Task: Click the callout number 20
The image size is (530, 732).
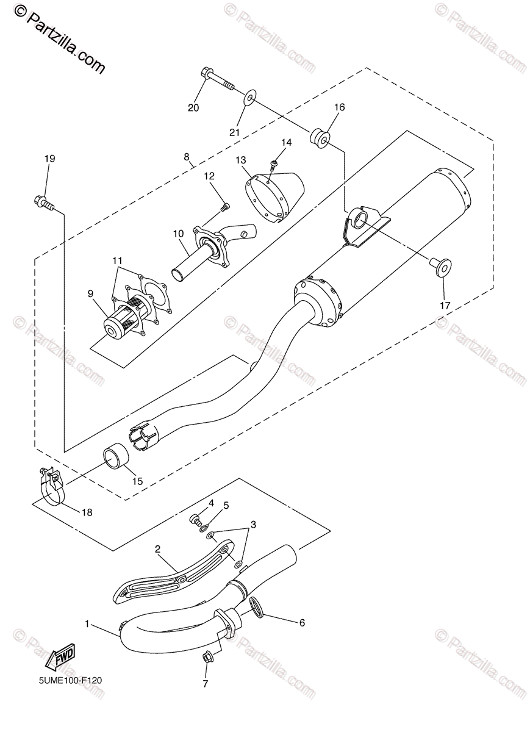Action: tap(193, 107)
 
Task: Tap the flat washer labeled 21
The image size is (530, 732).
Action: tap(250, 98)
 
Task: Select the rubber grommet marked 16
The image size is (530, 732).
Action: tap(319, 138)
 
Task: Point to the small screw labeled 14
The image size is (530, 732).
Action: tap(274, 165)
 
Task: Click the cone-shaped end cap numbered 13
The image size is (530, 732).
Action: tap(275, 196)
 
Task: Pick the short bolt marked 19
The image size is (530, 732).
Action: tap(44, 203)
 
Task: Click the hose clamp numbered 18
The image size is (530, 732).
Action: tap(52, 488)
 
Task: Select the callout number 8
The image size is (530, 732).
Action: tap(187, 157)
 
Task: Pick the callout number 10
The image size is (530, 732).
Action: tap(179, 234)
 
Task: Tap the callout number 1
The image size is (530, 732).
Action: tap(87, 624)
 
